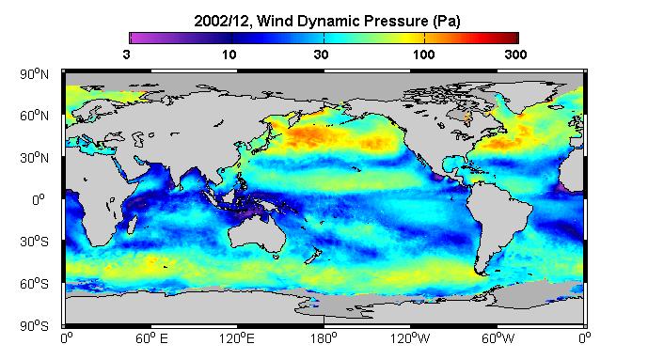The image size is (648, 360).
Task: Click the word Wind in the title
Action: tap(275, 21)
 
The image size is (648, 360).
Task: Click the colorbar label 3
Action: tap(126, 55)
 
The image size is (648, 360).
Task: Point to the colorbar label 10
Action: tap(229, 55)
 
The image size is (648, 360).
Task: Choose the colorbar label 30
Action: tap(321, 55)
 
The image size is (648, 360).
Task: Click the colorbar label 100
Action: tap(423, 55)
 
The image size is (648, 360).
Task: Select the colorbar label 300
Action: tap(515, 55)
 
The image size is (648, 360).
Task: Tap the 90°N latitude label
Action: tap(34, 74)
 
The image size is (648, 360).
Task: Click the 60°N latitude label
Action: tap(34, 116)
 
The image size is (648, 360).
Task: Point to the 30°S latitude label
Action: tap(34, 242)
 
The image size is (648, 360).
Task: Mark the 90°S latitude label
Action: tap(34, 326)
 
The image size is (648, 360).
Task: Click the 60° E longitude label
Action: tap(152, 339)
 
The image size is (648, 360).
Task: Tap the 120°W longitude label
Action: tap(410, 339)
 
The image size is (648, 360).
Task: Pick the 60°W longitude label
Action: tap(498, 339)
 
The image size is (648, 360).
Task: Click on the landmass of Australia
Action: tap(256, 233)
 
